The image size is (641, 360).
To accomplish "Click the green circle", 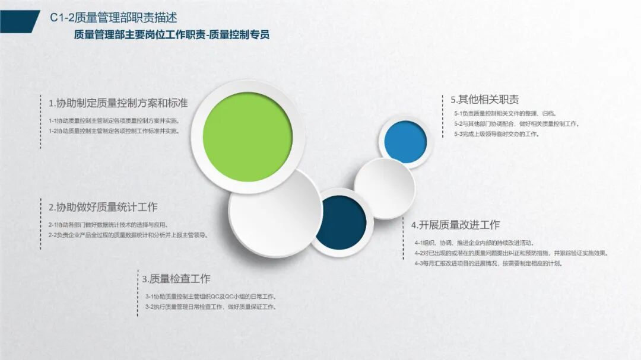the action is point(247,137).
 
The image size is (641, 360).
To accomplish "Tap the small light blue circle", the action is point(405,142).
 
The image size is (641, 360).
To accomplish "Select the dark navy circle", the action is point(341,222).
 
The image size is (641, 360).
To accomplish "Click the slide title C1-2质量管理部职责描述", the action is point(113,18).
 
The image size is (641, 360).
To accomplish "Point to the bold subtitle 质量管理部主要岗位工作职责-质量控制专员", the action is point(172,35).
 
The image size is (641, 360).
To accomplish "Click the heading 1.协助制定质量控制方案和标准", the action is point(118,103).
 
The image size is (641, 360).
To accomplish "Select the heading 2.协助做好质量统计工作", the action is point(103,207).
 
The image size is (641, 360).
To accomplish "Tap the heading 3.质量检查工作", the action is point(176,279).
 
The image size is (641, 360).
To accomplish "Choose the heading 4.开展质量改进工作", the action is point(455,225).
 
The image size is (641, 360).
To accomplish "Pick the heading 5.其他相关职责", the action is point(485,99).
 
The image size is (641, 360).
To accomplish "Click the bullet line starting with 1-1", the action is point(115,121).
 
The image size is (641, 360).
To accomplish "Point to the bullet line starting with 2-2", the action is point(129,235).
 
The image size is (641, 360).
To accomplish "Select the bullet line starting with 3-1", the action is point(211,297).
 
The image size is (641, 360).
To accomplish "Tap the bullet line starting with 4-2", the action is point(512,253).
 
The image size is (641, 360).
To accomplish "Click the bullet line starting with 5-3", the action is point(497,134).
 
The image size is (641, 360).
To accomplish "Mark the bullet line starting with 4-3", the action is point(488,263).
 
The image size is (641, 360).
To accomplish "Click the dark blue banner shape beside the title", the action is point(19,22).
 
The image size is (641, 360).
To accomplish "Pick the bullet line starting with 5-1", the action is point(505,114).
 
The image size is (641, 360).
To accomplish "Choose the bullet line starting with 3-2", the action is point(211,307).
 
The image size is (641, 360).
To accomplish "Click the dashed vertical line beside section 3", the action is point(138,292).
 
